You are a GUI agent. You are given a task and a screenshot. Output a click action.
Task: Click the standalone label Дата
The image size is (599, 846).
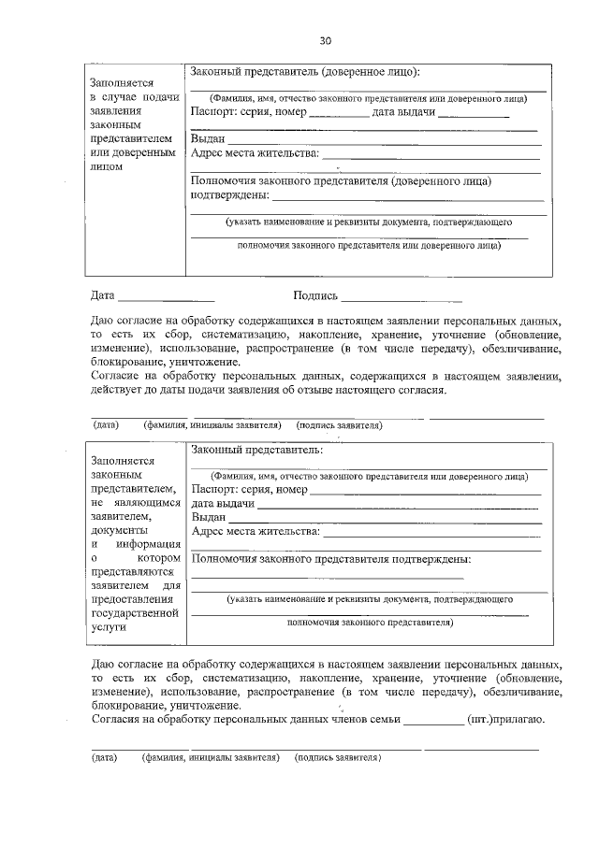click(102, 296)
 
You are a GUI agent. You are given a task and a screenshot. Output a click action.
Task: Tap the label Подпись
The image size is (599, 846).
click(314, 296)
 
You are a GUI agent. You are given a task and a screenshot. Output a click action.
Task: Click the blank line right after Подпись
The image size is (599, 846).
click(402, 301)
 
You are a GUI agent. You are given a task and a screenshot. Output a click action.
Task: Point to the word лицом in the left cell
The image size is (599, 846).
click(108, 166)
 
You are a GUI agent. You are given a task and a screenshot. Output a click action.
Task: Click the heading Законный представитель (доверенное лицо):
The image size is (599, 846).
click(305, 72)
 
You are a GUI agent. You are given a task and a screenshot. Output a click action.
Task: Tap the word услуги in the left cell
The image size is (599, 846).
click(109, 629)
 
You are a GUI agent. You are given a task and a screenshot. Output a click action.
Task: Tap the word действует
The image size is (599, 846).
click(117, 390)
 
